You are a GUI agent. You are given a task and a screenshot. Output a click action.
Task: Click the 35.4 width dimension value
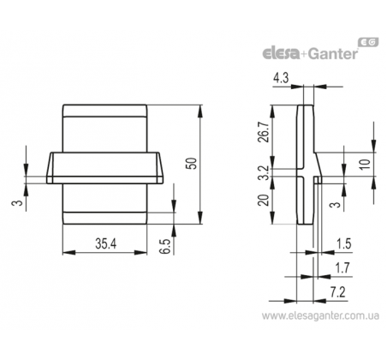(x=106, y=243)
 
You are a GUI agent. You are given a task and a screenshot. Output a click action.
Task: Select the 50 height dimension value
(x=193, y=164)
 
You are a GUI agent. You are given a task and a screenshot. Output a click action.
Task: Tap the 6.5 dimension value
(x=166, y=246)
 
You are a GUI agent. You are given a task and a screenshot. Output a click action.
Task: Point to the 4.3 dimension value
(x=281, y=78)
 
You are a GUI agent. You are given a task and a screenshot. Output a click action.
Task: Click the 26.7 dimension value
(x=263, y=132)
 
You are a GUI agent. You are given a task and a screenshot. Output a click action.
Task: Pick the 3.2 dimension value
(x=263, y=173)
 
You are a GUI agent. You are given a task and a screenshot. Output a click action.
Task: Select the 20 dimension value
(x=263, y=200)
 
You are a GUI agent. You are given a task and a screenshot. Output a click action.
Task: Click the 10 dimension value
(x=365, y=165)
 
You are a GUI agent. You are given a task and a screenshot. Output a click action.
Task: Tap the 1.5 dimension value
(x=344, y=244)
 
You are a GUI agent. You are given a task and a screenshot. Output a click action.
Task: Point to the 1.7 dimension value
(x=342, y=268)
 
